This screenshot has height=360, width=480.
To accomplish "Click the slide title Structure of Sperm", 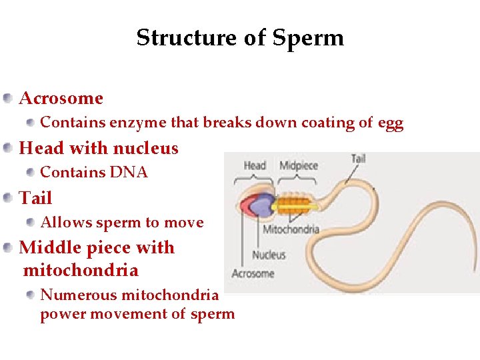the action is coord(240,38).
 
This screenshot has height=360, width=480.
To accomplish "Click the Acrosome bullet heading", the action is coord(61,99).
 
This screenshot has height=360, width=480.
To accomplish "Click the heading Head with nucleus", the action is coord(99,148).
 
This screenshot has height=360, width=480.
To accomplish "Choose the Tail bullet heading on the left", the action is coord(36,198).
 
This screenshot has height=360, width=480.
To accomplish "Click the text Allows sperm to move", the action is coord(122,223).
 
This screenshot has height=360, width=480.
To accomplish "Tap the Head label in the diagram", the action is coord(255,165).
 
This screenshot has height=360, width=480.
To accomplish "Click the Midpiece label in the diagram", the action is coord(298,165).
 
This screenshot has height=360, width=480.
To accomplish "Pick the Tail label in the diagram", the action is coord(359,159).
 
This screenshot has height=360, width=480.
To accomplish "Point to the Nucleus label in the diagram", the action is coord(269,255).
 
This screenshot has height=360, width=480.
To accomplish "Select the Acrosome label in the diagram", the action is coord(253,273).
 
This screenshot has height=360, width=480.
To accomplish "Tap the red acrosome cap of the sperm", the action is coord(247,205).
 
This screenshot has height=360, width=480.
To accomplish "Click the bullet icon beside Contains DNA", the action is coord(31,173).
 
